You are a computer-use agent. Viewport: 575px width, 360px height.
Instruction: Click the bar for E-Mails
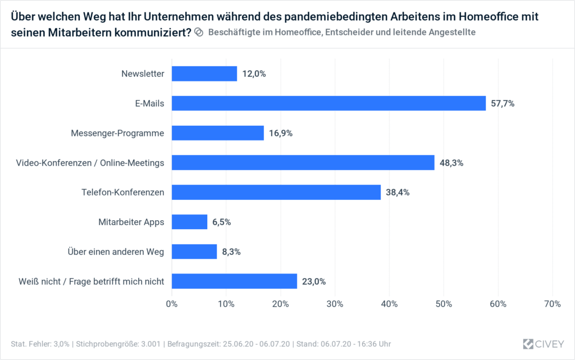coord(328,103)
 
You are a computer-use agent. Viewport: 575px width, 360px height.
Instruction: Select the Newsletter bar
coord(204,74)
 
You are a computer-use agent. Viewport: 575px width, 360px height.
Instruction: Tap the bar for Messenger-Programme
coord(218,133)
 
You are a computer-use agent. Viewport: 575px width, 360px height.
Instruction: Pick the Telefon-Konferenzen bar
coord(276,192)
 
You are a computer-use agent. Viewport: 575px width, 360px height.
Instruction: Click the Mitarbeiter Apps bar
coord(190,222)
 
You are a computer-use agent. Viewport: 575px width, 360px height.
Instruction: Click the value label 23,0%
coord(314,281)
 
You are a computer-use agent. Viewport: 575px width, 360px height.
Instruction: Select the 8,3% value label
coord(231,252)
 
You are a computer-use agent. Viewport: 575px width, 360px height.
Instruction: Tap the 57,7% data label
coord(503,103)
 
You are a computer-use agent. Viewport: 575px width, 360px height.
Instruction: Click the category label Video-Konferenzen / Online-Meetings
coord(90,163)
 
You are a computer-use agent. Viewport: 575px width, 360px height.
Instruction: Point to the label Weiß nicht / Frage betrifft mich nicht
coord(90,281)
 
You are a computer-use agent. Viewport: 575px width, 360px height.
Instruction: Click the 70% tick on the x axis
coord(553,304)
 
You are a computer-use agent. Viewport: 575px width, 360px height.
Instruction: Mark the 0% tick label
coord(172,304)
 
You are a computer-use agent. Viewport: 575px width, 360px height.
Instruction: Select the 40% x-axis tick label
coord(389,304)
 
